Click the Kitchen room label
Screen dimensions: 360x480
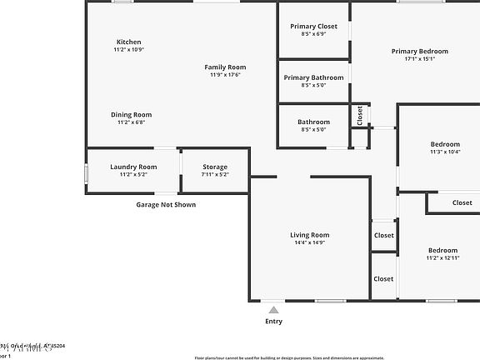pyautogui.click(x=128, y=42)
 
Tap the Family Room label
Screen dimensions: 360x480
pyautogui.click(x=225, y=67)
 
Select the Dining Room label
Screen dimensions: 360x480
pyautogui.click(x=131, y=115)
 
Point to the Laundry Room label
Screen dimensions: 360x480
pyautogui.click(x=133, y=167)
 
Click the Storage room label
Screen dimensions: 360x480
pyautogui.click(x=215, y=167)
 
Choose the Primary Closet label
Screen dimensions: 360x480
pyautogui.click(x=313, y=27)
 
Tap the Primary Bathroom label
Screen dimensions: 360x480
pyautogui.click(x=313, y=77)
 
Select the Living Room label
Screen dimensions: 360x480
pyautogui.click(x=309, y=235)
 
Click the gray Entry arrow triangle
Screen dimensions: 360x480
pyautogui.click(x=273, y=310)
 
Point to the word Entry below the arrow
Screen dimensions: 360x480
pyautogui.click(x=273, y=321)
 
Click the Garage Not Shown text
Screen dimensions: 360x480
pyautogui.click(x=166, y=204)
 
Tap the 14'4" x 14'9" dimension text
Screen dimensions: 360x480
pyautogui.click(x=309, y=242)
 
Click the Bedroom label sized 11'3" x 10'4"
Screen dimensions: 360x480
pyautogui.click(x=444, y=144)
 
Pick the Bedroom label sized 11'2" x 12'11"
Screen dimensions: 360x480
pyautogui.click(x=442, y=250)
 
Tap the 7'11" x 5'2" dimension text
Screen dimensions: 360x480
pyautogui.click(x=215, y=174)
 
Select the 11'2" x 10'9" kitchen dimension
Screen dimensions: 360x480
pyautogui.click(x=128, y=49)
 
